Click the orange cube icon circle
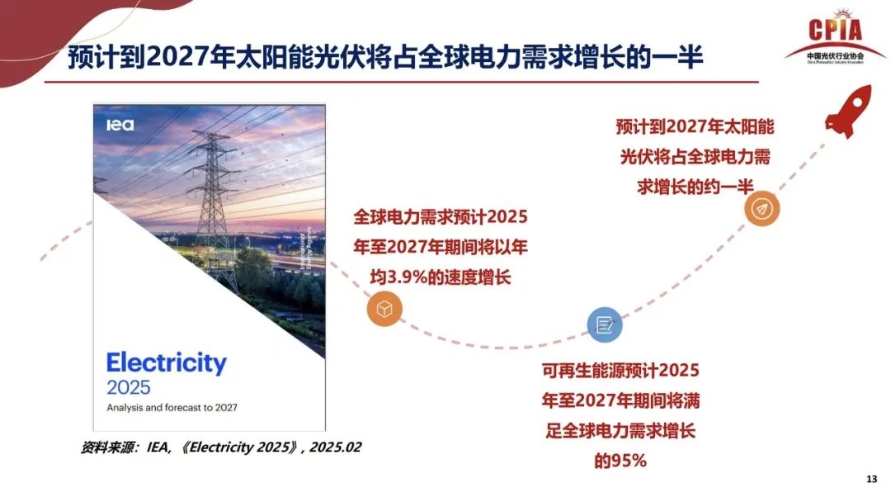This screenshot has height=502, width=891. pyautogui.click(x=384, y=310)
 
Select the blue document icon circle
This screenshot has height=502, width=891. pyautogui.click(x=604, y=325)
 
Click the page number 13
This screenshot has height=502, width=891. pyautogui.click(x=871, y=481)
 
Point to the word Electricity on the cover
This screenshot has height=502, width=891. pyautogui.click(x=166, y=363)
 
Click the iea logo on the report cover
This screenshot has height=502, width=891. pyautogui.click(x=120, y=125)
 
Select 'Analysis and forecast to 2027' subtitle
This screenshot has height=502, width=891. pyautogui.click(x=172, y=407)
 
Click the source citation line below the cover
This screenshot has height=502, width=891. pyautogui.click(x=221, y=447)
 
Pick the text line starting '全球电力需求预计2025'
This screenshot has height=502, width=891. pyautogui.click(x=440, y=217)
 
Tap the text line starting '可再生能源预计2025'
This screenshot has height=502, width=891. pyautogui.click(x=620, y=370)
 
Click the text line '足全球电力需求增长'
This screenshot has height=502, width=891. pyautogui.click(x=620, y=431)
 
